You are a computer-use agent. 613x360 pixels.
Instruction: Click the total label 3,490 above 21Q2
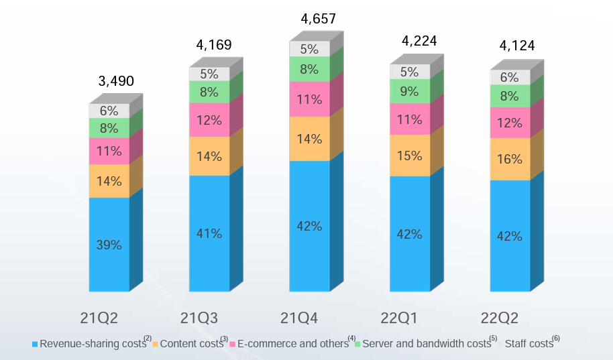tap(116, 82)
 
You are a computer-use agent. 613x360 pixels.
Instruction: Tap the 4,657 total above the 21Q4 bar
tap(318, 19)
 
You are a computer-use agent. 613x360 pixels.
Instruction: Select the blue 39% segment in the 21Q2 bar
tap(109, 245)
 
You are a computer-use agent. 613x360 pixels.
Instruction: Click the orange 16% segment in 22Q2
tap(510, 160)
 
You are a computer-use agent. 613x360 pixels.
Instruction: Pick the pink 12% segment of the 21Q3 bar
tap(209, 120)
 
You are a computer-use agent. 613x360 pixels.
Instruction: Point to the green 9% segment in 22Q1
tap(410, 91)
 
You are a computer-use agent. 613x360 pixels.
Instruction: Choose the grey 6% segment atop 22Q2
tap(510, 77)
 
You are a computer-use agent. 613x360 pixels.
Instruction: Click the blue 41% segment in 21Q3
tap(209, 233)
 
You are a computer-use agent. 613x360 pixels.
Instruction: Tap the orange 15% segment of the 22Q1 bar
tap(410, 156)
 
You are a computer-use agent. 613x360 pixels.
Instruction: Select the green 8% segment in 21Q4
tap(309, 69)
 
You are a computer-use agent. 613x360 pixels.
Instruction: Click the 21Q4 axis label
tap(299, 318)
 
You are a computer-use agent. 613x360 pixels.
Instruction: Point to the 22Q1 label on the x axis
tap(399, 318)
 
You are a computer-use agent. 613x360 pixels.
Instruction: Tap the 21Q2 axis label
tap(99, 318)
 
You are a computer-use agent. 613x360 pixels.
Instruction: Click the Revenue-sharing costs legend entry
tap(93, 344)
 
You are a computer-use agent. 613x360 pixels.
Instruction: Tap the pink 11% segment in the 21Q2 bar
tap(109, 151)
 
